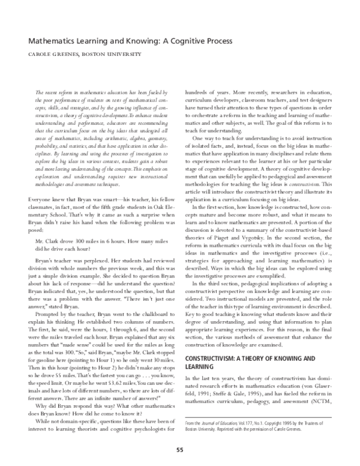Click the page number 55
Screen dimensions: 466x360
179,450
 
